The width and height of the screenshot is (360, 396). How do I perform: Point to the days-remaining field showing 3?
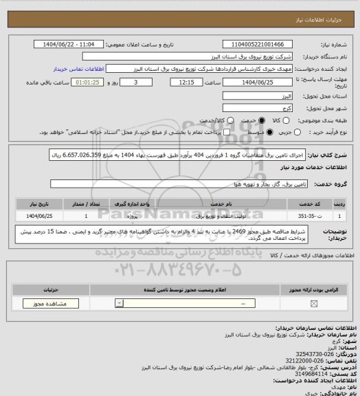(124, 82)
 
